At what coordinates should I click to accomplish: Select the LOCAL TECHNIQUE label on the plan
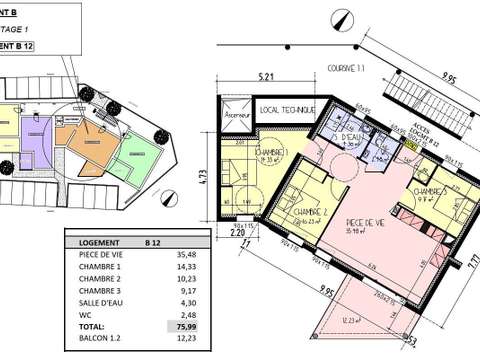pyautogui.click(x=286, y=108)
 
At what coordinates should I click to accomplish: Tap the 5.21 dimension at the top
pyautogui.click(x=265, y=75)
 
